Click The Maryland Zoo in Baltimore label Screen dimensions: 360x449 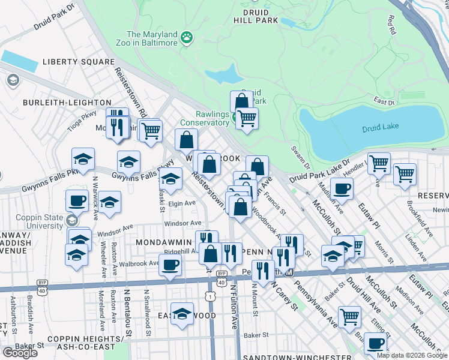pyautogui.click(x=152, y=38)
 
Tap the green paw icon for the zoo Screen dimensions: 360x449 pyautogui.click(x=187, y=38)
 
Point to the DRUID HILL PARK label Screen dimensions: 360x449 pyautogui.click(x=256, y=16)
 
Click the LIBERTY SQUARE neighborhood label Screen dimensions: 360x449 pyautogui.click(x=78, y=62)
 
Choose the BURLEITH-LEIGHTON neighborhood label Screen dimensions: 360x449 pyautogui.click(x=67, y=103)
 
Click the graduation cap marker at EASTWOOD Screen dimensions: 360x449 pyautogui.click(x=182, y=314)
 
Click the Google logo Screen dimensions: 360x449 pyautogui.click(x=20, y=353)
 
